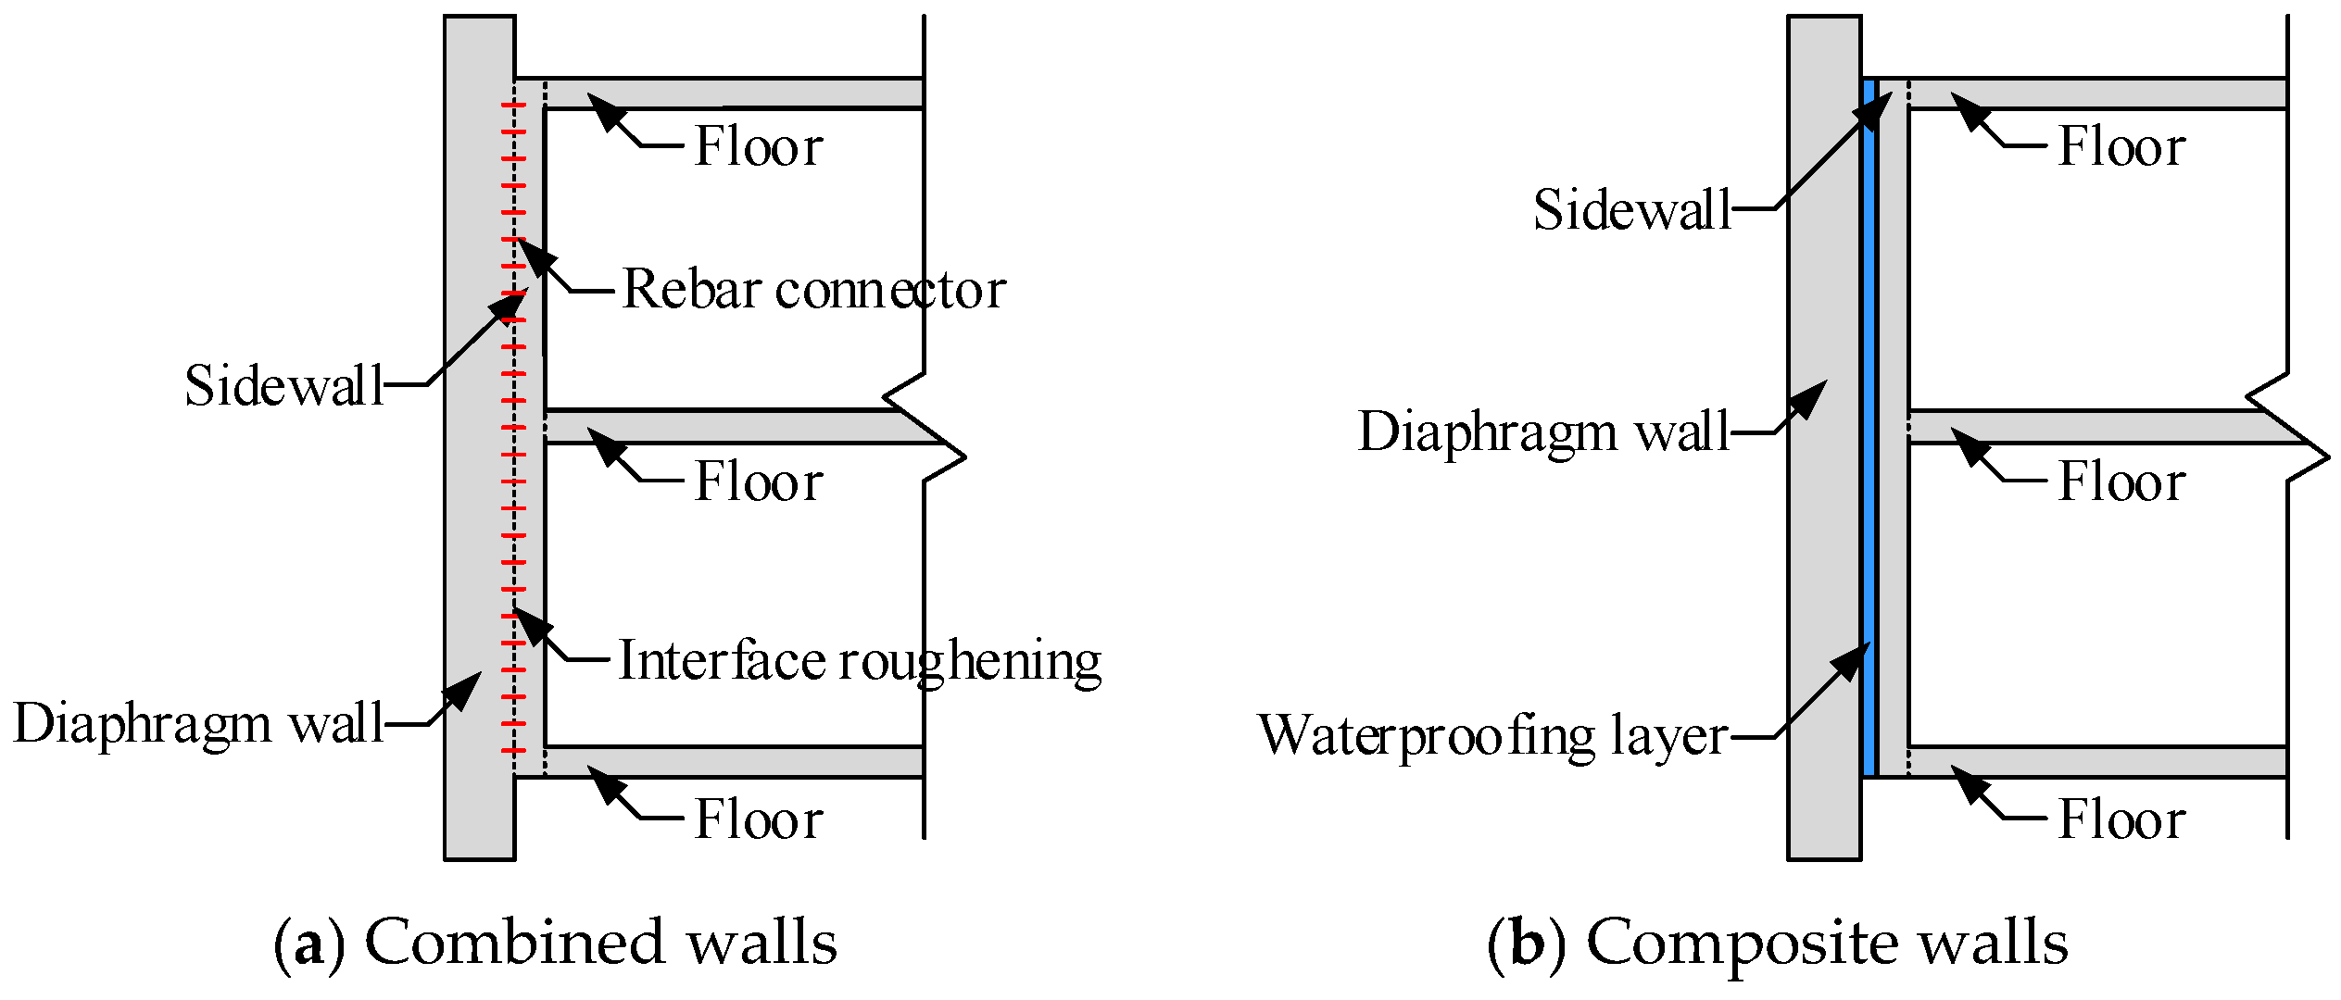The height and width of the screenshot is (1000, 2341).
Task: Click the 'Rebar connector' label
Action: [x=813, y=290]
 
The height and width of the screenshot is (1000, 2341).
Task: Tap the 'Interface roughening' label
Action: [x=859, y=661]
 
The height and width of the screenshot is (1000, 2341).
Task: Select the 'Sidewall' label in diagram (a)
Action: [x=283, y=385]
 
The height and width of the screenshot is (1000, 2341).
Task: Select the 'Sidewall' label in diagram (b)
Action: [x=1631, y=209]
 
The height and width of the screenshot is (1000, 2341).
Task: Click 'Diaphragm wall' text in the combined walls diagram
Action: [x=198, y=723]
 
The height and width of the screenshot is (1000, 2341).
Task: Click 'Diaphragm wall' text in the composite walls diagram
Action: [x=1543, y=431]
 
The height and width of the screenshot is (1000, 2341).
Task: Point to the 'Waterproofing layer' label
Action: [x=1491, y=736]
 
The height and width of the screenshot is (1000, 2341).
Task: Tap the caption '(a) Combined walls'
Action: [x=555, y=943]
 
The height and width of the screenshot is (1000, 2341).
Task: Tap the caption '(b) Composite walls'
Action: [x=1777, y=943]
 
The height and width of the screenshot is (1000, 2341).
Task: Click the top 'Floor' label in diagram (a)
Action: [x=759, y=146]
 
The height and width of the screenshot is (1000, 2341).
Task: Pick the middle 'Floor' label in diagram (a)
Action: [x=759, y=481]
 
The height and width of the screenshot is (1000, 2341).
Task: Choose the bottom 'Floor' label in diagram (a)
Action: [x=759, y=819]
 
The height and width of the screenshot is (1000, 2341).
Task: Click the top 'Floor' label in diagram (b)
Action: [x=2121, y=146]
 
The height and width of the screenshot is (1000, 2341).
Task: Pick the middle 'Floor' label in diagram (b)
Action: [x=2121, y=481]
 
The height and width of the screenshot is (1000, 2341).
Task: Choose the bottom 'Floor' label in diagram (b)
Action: [x=2121, y=819]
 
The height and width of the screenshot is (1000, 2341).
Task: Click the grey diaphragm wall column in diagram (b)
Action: [x=1823, y=556]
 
